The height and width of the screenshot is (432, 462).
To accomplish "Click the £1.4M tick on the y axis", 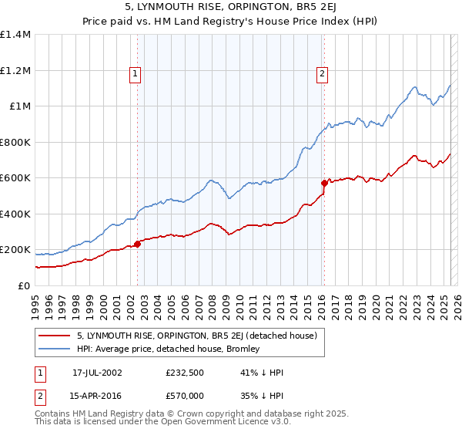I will coord(15,35).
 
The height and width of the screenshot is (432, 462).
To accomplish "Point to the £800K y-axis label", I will coord(15,142).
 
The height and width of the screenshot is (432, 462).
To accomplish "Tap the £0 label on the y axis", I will coord(23,285).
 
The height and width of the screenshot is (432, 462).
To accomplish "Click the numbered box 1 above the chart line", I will coord(135,74).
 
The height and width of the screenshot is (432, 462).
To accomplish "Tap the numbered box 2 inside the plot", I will coord(321,74).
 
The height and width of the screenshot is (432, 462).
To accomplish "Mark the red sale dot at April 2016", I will coord(324,184).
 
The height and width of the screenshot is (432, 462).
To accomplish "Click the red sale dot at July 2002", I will coord(137,244).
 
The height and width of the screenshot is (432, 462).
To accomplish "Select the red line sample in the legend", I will coord(54,336).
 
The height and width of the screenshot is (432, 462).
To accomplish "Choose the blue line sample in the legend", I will coord(54,349).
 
